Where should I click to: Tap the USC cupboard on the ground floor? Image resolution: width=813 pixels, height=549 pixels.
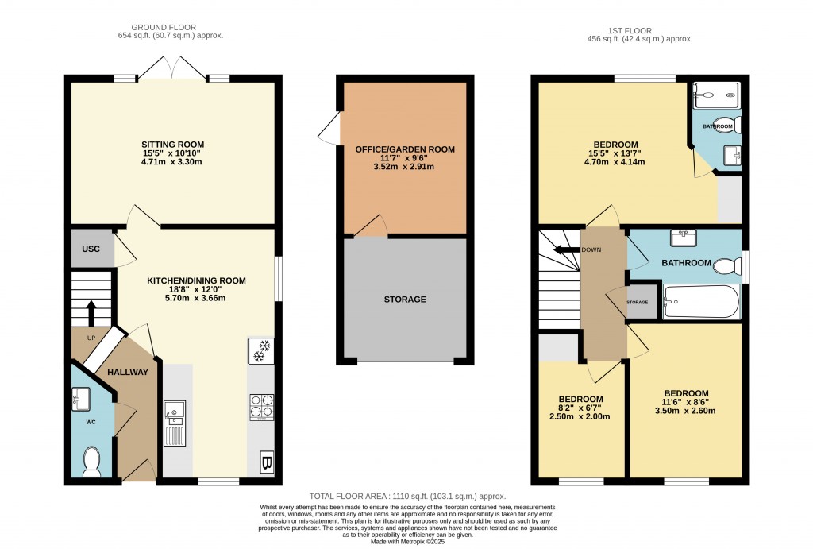click(91, 249)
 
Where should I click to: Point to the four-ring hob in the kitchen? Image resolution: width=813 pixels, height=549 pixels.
click(261, 407)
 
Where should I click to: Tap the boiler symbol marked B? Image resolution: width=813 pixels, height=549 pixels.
click(266, 462)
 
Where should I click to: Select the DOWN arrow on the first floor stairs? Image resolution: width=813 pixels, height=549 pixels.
click(567, 249)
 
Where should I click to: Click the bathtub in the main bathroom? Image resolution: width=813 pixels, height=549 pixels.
click(701, 302)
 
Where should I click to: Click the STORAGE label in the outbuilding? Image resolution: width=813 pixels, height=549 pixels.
click(405, 300)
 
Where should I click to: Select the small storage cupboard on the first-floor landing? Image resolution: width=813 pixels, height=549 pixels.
click(642, 303)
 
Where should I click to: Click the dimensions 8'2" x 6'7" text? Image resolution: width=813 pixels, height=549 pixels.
click(580, 408)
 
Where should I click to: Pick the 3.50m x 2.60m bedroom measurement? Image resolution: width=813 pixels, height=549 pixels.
click(685, 411)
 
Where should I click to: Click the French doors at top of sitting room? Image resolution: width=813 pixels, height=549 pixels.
click(172, 69)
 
